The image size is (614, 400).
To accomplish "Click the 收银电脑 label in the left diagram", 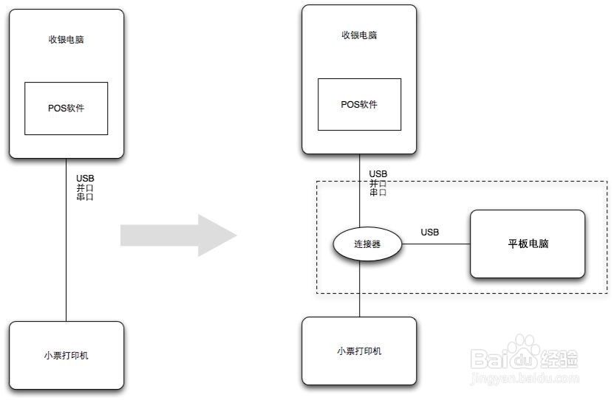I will (x=66, y=39).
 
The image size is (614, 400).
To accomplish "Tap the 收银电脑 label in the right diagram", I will (x=359, y=35).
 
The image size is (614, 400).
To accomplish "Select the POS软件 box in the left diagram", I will (x=66, y=108).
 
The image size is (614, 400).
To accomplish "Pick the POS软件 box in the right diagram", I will (x=359, y=104).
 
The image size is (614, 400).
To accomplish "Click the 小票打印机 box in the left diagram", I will (x=66, y=355).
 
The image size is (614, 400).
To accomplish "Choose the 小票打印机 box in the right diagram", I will (x=359, y=351).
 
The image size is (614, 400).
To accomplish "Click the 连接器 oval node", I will (x=366, y=244).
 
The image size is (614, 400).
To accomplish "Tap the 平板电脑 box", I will (x=528, y=244).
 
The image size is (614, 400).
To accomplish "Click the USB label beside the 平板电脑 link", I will (x=430, y=232).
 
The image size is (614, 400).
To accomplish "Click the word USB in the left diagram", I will (x=85, y=178).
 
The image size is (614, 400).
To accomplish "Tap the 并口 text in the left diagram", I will (x=85, y=187).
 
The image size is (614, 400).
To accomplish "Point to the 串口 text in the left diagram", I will (x=85, y=197).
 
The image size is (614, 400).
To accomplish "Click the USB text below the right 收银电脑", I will (x=378, y=174).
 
